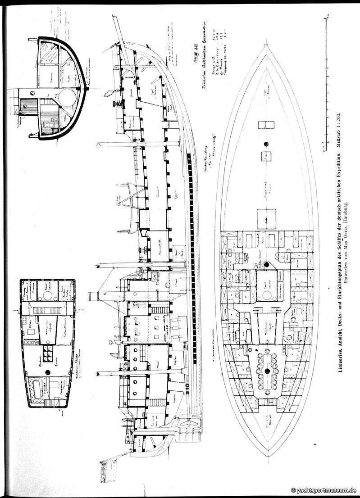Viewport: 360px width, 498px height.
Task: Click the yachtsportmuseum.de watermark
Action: click(324, 490)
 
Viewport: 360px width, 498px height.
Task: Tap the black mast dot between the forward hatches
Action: click(266, 144)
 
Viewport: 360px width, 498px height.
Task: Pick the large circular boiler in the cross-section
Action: click(68, 96)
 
